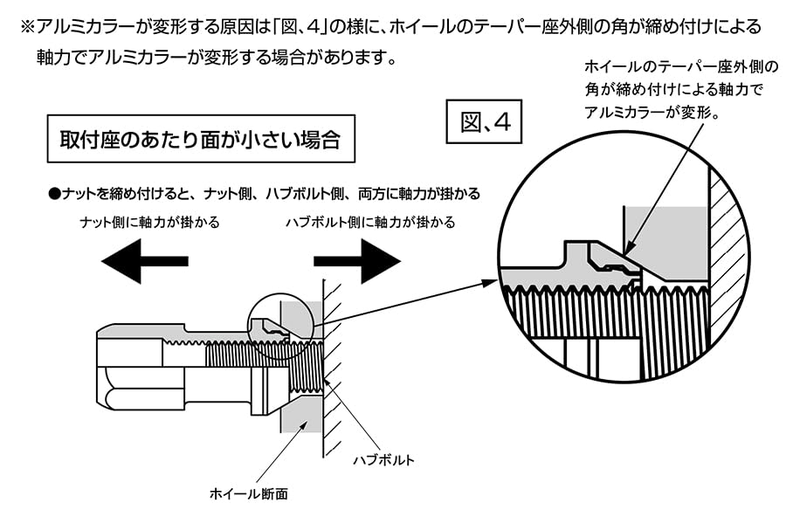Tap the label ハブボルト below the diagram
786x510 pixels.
tap(383, 458)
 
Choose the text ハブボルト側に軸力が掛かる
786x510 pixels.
tap(370, 222)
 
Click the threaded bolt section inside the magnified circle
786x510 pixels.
tap(611, 314)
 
